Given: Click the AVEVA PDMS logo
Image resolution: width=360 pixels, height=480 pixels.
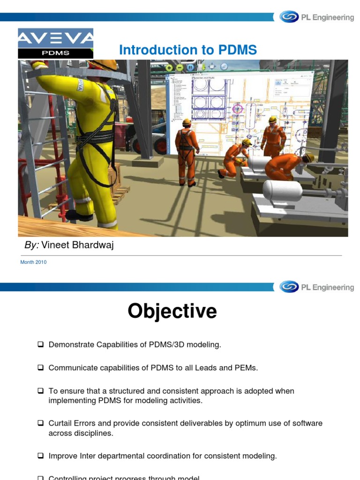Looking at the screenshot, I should coord(56,43).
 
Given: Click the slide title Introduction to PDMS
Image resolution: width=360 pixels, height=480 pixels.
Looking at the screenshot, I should coord(188,50).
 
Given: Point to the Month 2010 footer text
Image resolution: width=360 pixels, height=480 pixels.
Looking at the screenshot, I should coord(33,262).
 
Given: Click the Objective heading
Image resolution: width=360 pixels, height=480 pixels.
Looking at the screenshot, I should coord(172,311).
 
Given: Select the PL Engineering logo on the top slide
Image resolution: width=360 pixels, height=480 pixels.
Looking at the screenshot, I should coord(316,17).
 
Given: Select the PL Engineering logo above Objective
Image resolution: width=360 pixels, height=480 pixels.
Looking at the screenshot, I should coord(316,287).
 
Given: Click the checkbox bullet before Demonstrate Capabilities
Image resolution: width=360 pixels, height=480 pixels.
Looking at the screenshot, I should coord(40,345).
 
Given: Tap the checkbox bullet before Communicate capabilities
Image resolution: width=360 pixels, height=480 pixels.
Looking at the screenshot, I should coord(40,367).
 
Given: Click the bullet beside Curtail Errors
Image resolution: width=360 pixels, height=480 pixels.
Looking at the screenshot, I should coord(40,423).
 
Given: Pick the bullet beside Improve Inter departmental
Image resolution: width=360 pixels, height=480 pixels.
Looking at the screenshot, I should coord(40,456).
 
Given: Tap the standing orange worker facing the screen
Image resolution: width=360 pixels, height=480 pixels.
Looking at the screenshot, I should coord(187,150).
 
